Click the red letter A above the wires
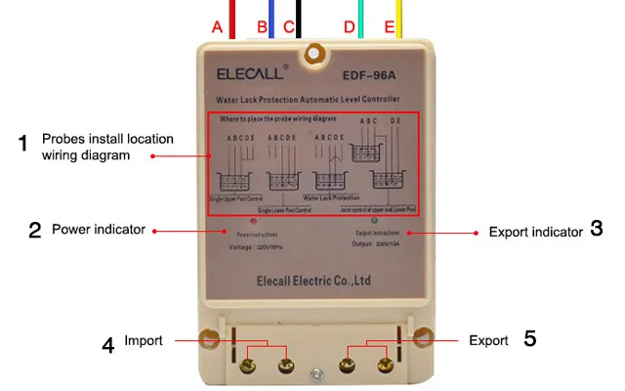(218, 27)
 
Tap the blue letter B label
(263, 27)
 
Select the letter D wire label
(350, 27)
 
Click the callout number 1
(23, 145)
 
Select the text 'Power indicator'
(98, 230)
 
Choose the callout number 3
(596, 230)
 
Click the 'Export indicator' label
(535, 233)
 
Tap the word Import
(143, 340)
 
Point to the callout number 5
(529, 339)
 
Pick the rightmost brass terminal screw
(383, 368)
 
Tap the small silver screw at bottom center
(314, 373)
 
